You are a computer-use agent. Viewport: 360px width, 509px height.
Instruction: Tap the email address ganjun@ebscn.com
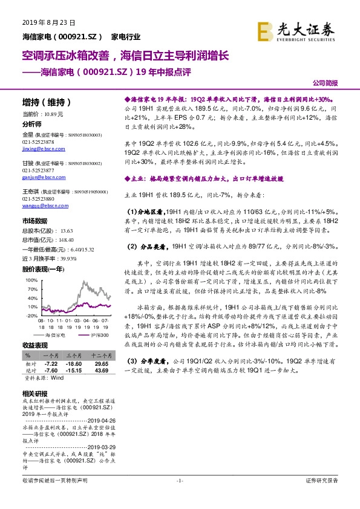40,177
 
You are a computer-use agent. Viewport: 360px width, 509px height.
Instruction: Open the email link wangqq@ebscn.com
41,207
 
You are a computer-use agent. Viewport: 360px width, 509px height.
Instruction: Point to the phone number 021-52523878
38,141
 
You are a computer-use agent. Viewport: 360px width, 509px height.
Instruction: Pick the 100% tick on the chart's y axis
31,280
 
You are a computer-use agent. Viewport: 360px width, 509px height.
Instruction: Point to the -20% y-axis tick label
31,315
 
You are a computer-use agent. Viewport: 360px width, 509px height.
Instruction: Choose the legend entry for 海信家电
57,334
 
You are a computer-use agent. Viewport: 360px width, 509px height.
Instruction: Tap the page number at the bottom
180,480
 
